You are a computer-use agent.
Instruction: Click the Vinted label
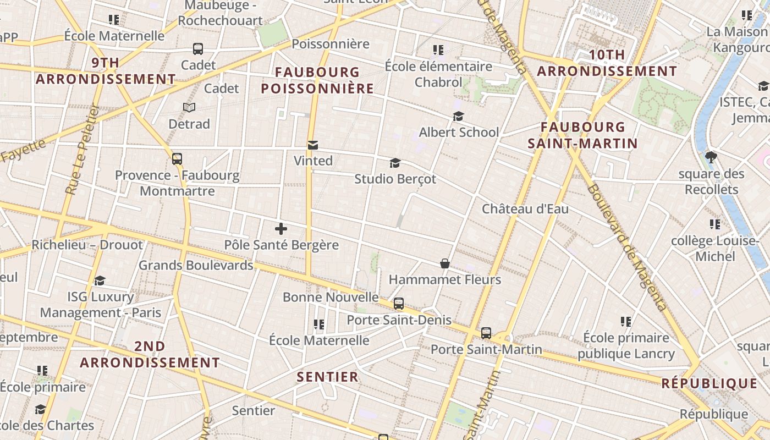coord(313,161)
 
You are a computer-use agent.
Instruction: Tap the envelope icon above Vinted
coord(313,145)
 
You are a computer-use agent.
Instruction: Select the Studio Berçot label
coord(395,179)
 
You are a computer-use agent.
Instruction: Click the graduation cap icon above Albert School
coord(458,116)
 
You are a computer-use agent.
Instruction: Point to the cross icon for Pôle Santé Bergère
coord(281,229)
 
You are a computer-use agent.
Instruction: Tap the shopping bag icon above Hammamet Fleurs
coord(445,264)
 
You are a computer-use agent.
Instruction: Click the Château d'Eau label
coord(525,209)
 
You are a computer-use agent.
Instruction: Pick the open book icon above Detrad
coord(189,107)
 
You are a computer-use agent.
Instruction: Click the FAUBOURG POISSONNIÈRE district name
coord(317,80)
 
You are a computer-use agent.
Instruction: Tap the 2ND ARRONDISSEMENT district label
coord(150,355)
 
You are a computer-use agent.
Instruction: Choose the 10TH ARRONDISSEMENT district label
coord(607,63)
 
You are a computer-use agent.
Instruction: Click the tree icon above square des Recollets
coord(711,157)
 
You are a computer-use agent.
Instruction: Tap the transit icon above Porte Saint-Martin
coord(486,333)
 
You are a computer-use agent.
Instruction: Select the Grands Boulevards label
coord(196,265)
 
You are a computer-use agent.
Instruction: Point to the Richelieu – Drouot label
coord(87,245)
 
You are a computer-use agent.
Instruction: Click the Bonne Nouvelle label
coord(331,298)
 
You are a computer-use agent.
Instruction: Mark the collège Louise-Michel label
coord(715,249)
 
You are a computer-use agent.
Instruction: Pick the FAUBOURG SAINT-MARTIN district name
coord(582,135)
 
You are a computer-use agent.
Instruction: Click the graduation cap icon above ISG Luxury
coord(100,281)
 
